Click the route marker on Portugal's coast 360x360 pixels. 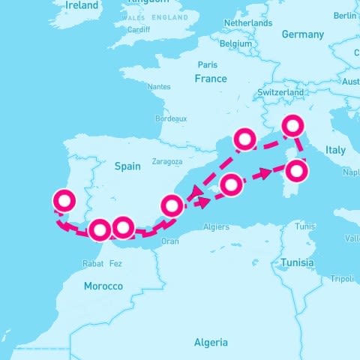pos(64,201)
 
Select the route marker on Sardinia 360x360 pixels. pos(297,171)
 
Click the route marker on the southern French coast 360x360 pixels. pos(245,139)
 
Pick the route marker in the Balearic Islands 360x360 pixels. pos(231,184)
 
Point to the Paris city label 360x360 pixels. pos(208,64)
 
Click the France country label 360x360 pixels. pos(210,79)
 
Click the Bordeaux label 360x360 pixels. pos(170,118)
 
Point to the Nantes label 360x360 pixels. pos(159,87)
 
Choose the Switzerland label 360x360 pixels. pos(280,92)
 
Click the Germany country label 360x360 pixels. pos(302,34)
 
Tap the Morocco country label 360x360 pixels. pos(103,286)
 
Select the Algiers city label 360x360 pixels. pos(217,226)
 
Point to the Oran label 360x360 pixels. pos(170,241)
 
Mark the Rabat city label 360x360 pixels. pos(92,263)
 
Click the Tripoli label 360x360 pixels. pos(341,279)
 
